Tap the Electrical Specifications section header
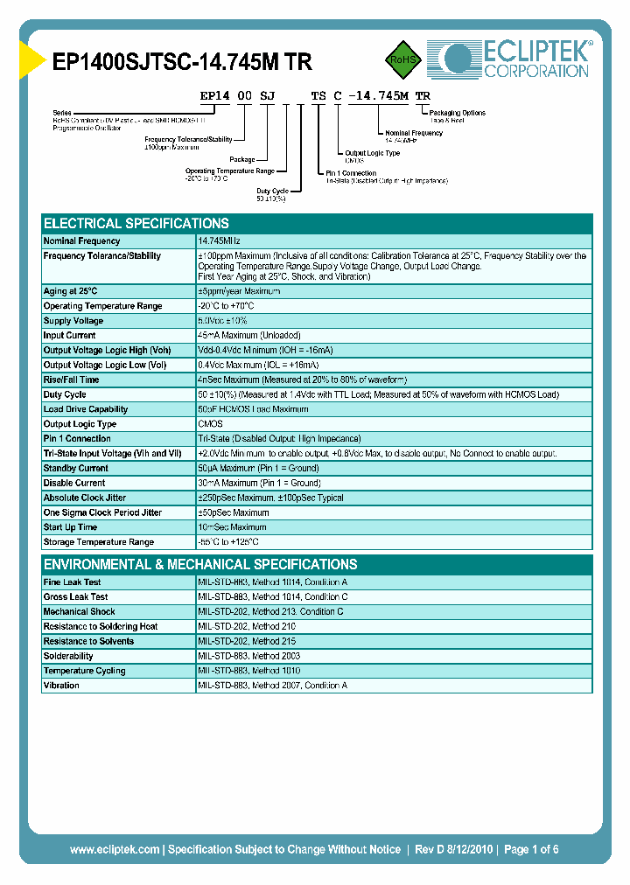136,223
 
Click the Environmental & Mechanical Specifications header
200,564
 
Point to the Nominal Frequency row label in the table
82,240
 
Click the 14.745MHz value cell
219,240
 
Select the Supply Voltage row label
73,321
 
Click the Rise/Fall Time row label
71,380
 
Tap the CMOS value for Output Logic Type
210,424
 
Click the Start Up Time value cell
233,527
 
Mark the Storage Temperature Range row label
99,542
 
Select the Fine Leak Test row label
72,582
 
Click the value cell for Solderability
249,656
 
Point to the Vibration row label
61,686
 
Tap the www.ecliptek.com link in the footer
115,849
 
